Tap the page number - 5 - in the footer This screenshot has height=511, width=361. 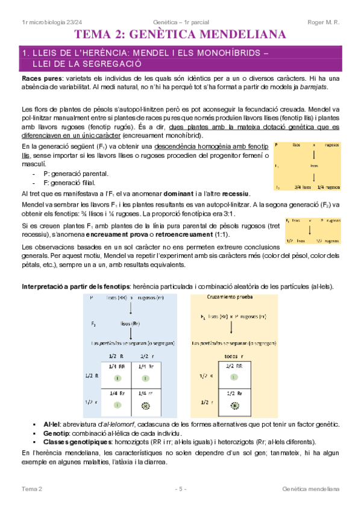pyautogui.click(x=180, y=488)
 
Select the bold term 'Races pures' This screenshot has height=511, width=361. pyautogui.click(x=40, y=79)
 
